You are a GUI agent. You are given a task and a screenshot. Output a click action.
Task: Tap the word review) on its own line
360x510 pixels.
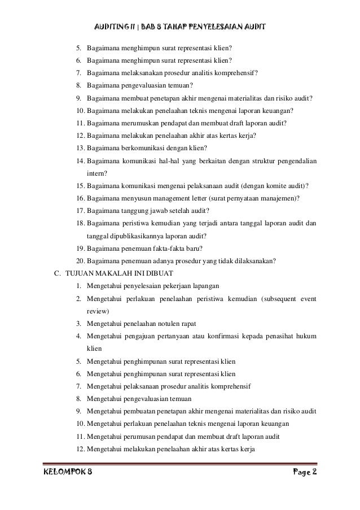(x=98, y=310)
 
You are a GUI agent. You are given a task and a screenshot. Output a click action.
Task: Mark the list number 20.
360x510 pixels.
(x=79, y=260)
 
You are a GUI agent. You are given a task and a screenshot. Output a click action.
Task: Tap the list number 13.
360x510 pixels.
(x=79, y=149)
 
